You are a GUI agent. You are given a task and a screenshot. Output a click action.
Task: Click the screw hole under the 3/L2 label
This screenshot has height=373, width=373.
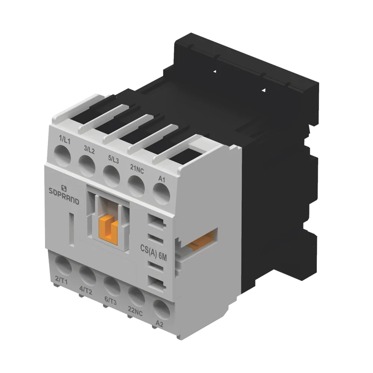coord(87,163)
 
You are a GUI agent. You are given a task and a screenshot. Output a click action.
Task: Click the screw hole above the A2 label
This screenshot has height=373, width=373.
coord(161,308)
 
